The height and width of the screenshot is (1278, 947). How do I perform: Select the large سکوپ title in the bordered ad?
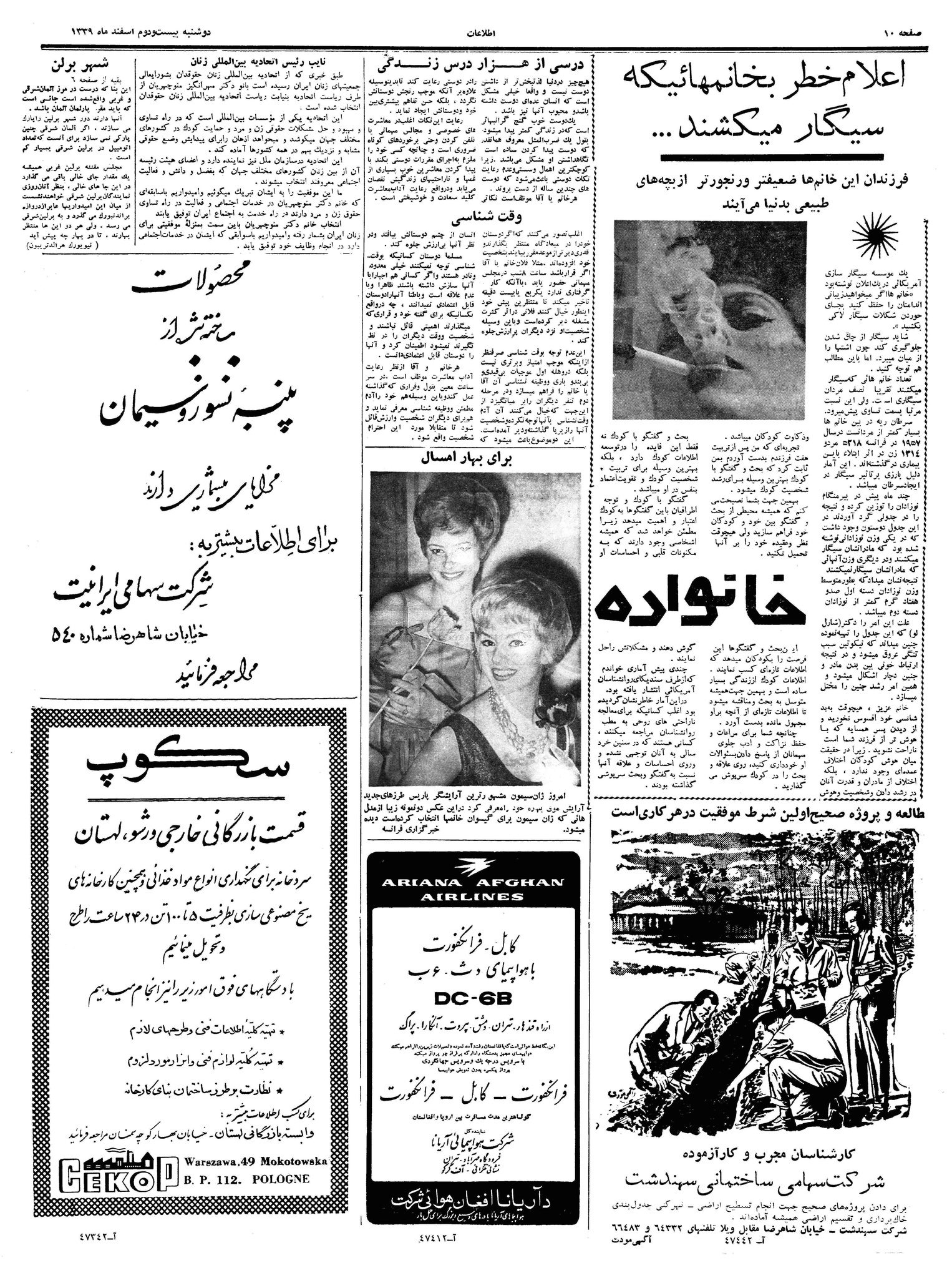pos(188,763)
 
